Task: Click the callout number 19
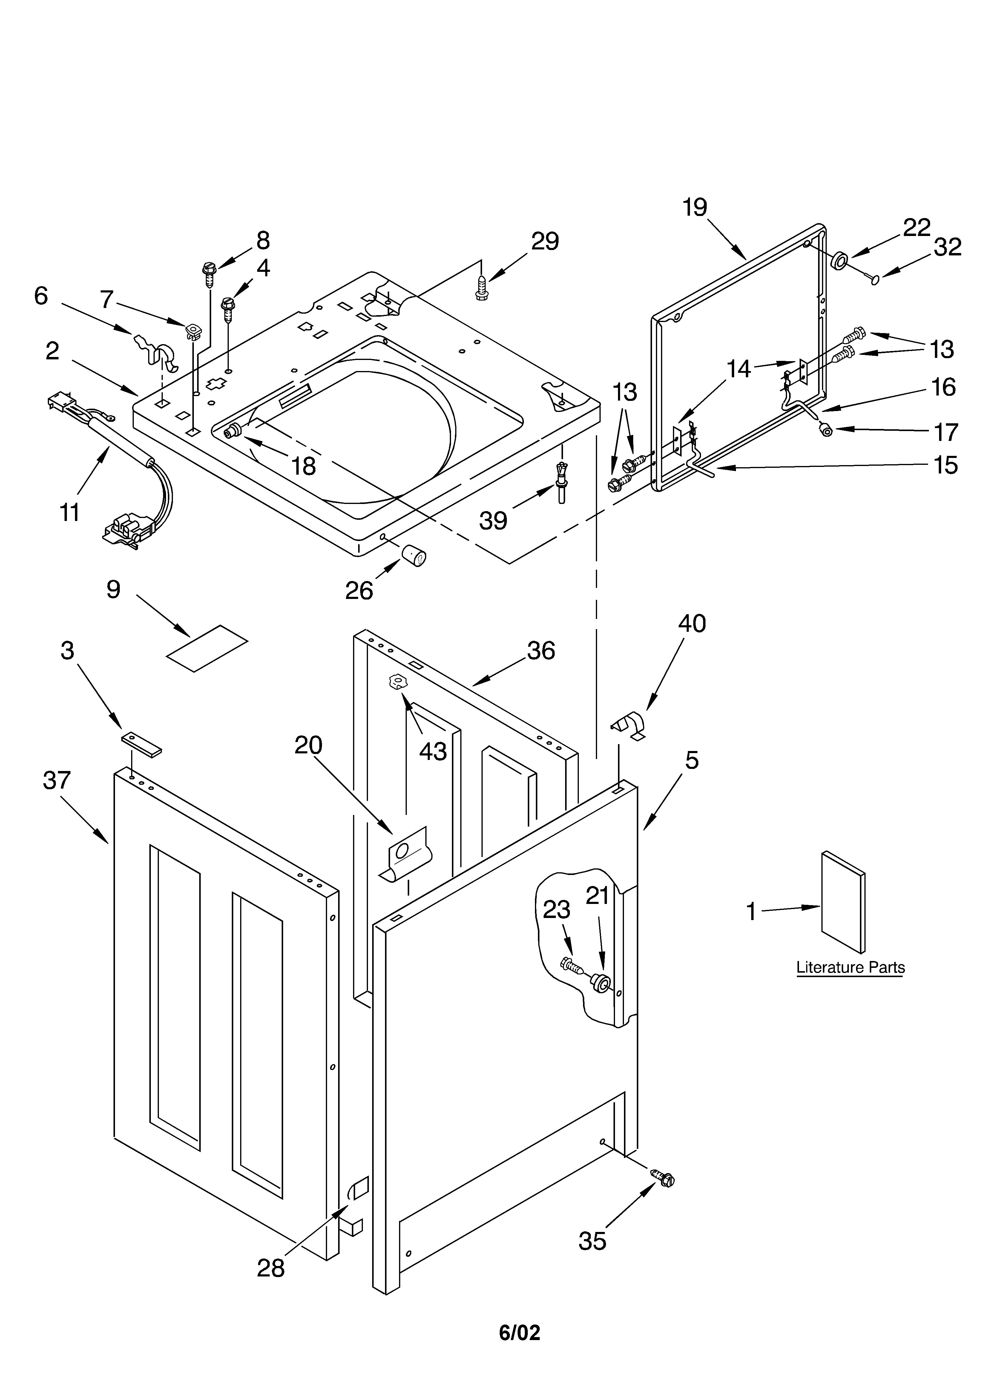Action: point(694,208)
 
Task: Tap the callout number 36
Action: point(541,651)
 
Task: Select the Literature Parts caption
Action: point(850,968)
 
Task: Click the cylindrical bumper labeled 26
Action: point(413,555)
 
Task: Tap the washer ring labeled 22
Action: point(840,260)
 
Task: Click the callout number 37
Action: point(57,780)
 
